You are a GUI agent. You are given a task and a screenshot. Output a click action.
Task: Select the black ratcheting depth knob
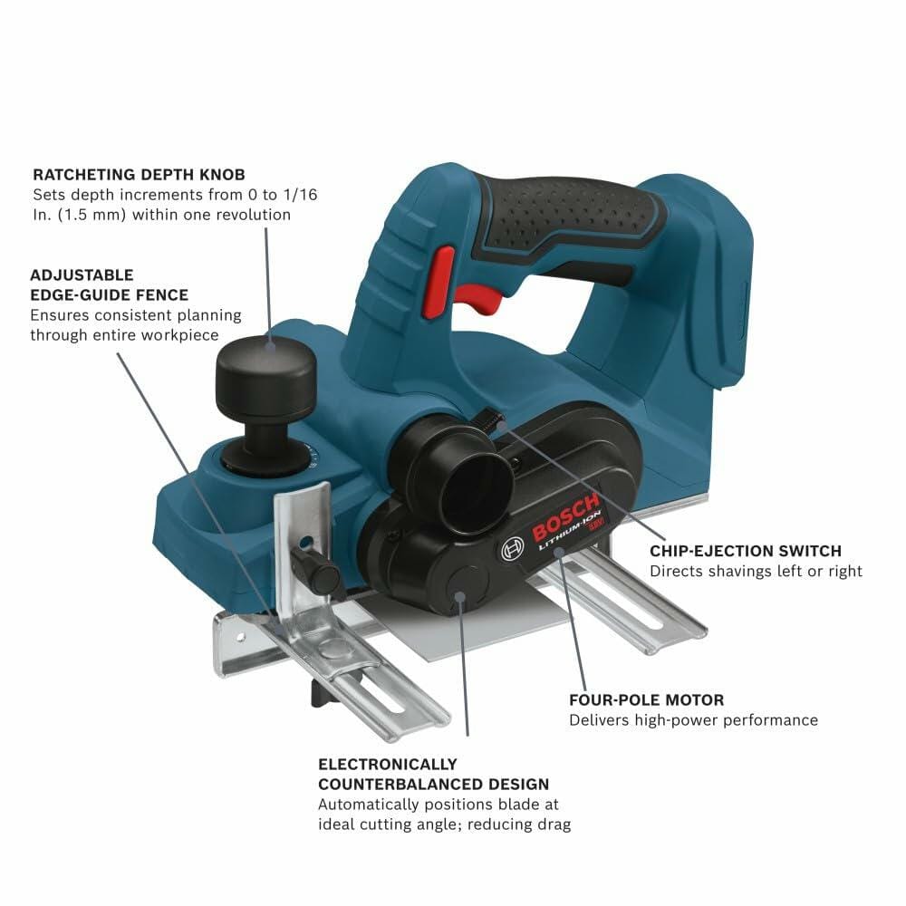click(x=265, y=371)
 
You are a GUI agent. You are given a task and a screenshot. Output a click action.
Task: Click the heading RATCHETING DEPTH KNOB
click(x=138, y=174)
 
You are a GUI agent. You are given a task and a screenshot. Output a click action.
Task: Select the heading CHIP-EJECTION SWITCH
click(x=746, y=551)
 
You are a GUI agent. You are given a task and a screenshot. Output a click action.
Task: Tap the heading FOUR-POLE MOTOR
click(x=646, y=700)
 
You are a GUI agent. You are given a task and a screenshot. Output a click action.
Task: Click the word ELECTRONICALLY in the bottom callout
click(x=388, y=765)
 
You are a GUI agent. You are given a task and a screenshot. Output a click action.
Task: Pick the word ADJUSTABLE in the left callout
click(x=82, y=275)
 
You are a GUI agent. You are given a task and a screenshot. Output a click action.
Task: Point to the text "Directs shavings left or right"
click(x=756, y=572)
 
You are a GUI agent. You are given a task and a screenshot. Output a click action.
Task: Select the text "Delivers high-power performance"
click(x=693, y=720)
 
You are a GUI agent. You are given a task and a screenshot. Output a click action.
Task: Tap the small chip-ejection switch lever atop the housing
click(x=491, y=418)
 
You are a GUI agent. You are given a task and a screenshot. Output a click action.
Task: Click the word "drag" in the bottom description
click(x=551, y=824)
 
